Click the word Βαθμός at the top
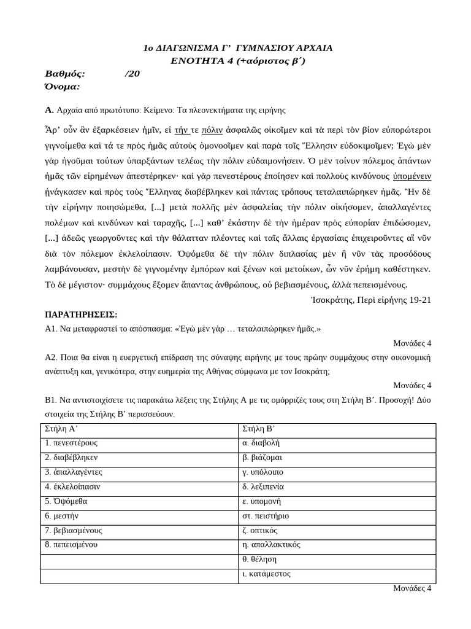[x=65, y=74]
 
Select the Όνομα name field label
[x=63, y=87]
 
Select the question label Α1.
[x=50, y=329]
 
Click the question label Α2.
[x=50, y=357]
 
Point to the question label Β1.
[x=50, y=400]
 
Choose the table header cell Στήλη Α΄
[x=60, y=428]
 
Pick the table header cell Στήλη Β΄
[x=257, y=428]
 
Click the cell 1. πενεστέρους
[x=71, y=443]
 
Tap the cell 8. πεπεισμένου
[x=71, y=545]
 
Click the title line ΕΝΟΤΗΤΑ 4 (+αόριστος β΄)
[x=237, y=60]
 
